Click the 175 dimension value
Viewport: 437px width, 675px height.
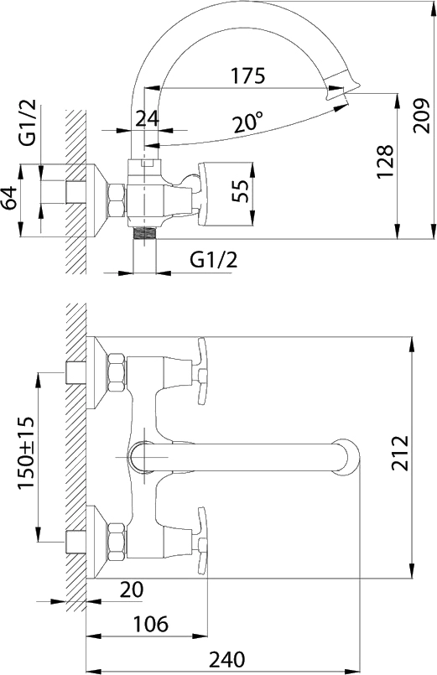tap(248, 75)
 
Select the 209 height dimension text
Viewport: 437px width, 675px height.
tap(421, 116)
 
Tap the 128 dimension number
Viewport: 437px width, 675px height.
tap(385, 162)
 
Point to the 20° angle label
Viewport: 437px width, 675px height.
tap(248, 122)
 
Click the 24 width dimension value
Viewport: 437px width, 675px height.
tap(148, 118)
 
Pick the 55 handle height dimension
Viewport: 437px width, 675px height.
tap(241, 190)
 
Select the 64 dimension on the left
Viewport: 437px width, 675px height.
tap(10, 198)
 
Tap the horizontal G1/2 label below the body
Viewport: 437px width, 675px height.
tap(214, 259)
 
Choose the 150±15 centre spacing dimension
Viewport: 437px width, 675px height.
tap(27, 453)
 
